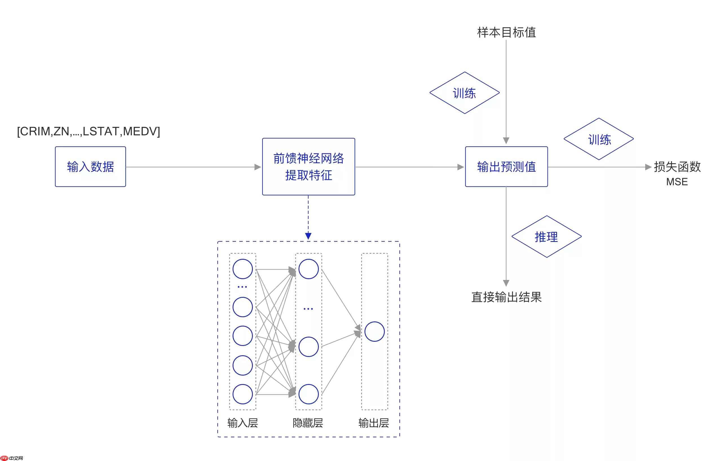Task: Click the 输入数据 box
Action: (x=90, y=167)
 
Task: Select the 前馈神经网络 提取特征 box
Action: (x=309, y=167)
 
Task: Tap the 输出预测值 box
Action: (x=506, y=167)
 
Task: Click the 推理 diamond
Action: (x=547, y=237)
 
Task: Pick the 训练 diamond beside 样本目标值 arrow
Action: (x=465, y=93)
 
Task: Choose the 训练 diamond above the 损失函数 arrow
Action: (x=599, y=139)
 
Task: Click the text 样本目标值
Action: (x=506, y=32)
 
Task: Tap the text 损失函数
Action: (x=677, y=167)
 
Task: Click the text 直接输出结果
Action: (x=506, y=297)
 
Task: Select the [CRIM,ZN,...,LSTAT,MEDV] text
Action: (x=89, y=131)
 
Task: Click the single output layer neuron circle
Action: (x=374, y=332)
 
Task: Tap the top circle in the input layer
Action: (x=243, y=269)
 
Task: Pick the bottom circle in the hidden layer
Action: (x=309, y=394)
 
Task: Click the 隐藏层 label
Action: (x=308, y=423)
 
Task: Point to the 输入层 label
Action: (x=243, y=423)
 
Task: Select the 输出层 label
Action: (x=374, y=423)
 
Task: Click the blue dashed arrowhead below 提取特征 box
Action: (x=308, y=236)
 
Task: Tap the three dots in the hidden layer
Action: (x=308, y=309)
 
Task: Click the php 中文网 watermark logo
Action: (x=12, y=458)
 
